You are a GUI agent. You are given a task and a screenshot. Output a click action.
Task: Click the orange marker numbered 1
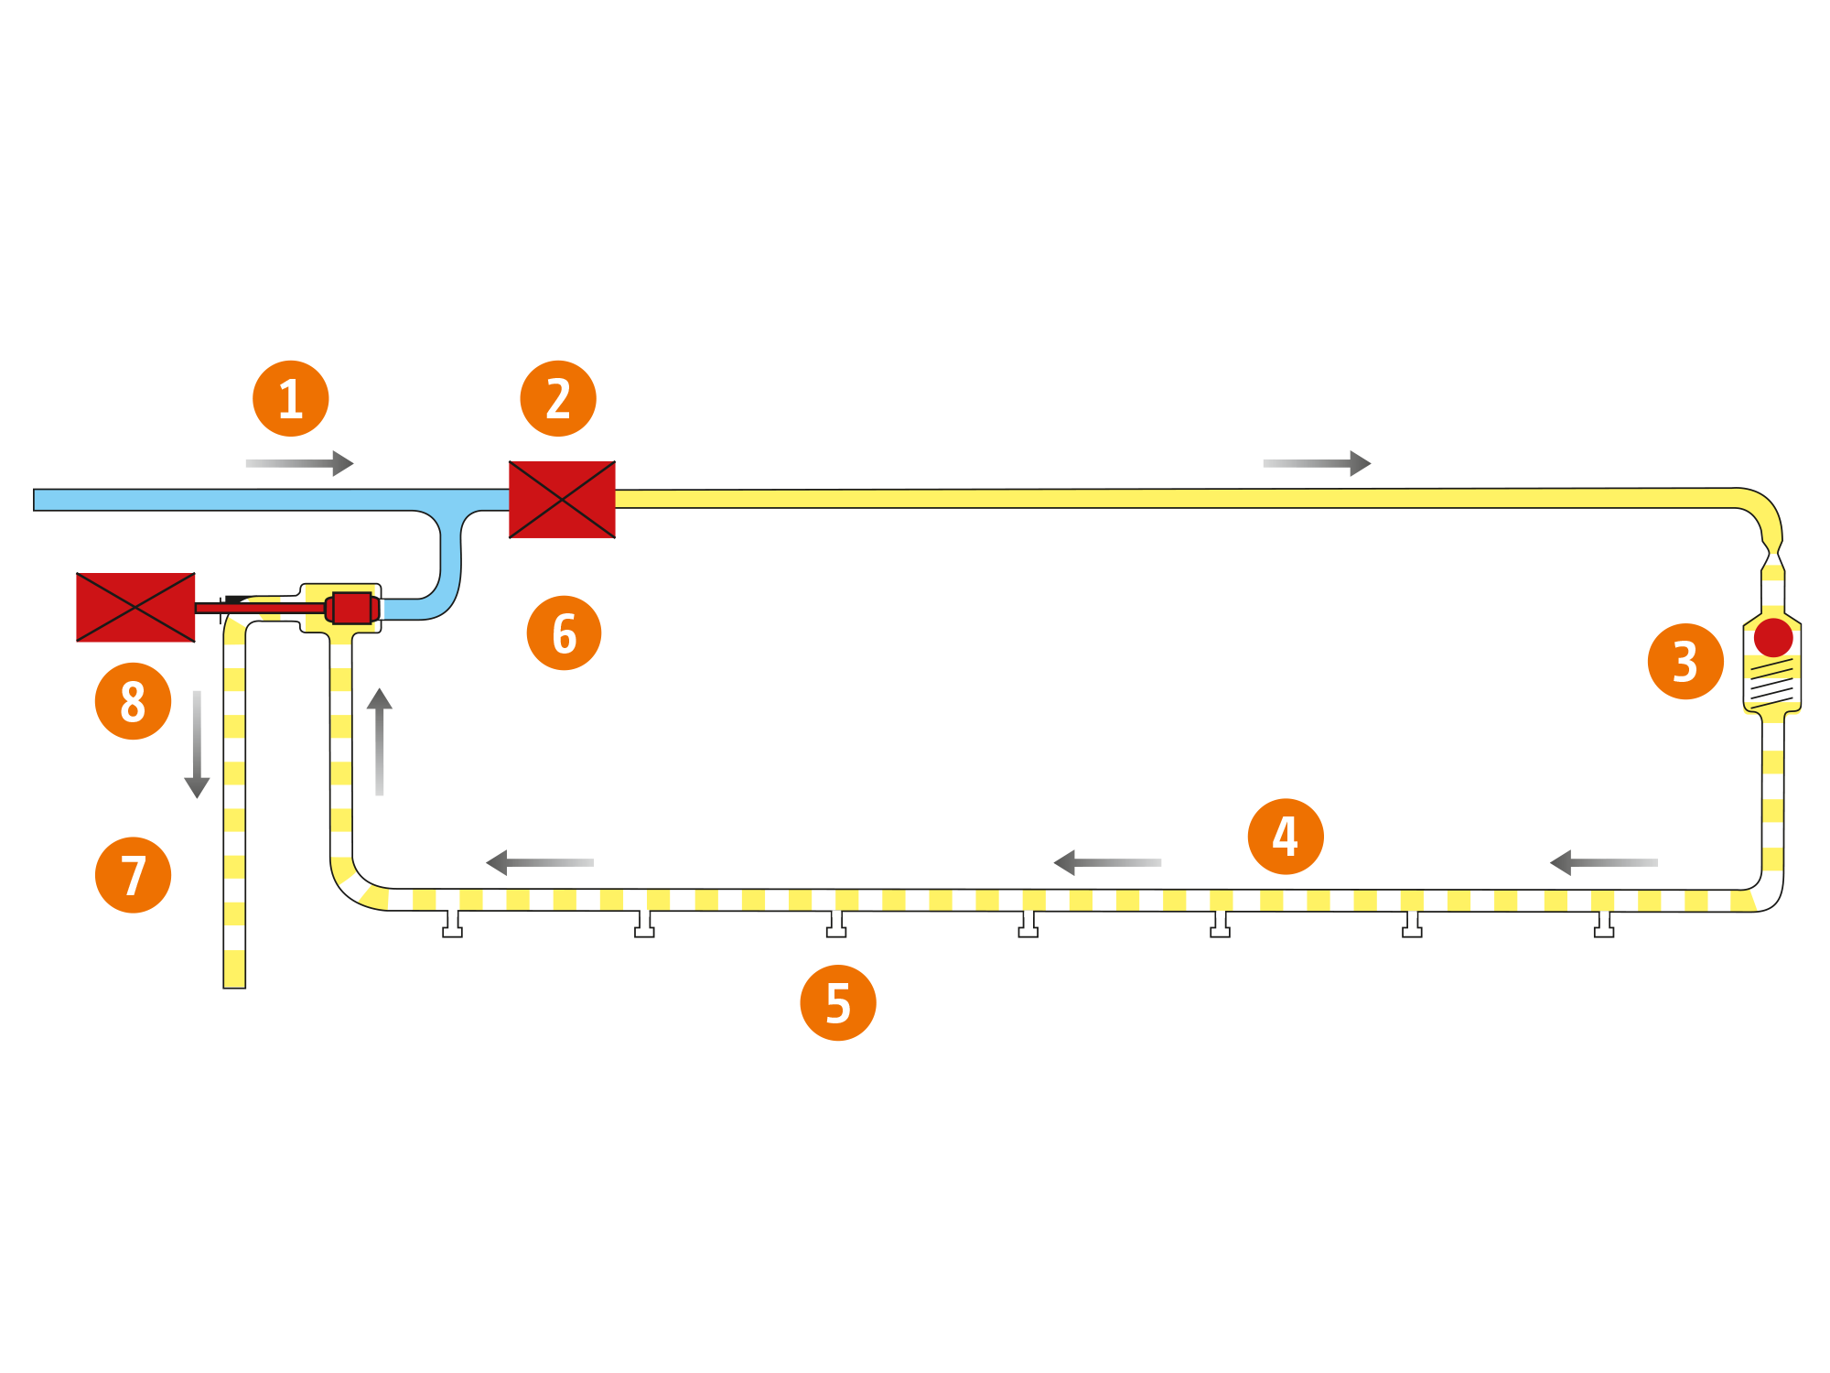point(291,399)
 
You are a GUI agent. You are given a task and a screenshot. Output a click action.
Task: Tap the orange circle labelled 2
point(558,399)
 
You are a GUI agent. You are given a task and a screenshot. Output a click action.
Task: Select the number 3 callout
point(1685,661)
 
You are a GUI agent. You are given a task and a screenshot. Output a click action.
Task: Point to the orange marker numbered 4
point(1285,836)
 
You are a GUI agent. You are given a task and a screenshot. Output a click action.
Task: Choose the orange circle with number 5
point(837,1003)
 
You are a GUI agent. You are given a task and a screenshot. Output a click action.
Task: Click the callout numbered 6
point(564,633)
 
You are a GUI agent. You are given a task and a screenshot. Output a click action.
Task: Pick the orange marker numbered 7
point(133,875)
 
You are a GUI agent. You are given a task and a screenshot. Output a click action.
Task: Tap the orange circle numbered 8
point(133,701)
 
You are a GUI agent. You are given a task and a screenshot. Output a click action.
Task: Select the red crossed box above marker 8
point(135,609)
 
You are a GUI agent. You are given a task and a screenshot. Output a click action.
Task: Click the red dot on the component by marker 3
point(1773,638)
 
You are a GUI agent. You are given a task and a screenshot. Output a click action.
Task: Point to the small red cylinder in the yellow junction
point(351,608)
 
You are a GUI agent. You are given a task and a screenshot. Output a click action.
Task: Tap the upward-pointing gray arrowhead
point(379,701)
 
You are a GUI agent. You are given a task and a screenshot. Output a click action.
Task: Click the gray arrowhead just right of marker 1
point(344,463)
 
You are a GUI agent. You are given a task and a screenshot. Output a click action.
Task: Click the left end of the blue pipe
point(38,500)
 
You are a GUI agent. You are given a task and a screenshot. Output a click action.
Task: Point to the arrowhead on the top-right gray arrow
point(1360,464)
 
